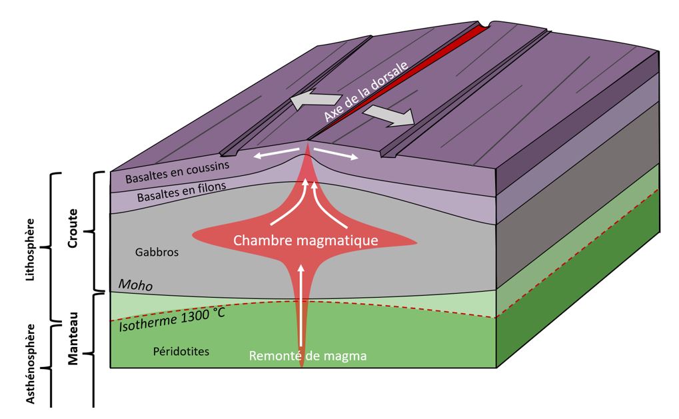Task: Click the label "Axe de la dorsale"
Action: [366, 91]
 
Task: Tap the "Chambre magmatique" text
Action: [306, 240]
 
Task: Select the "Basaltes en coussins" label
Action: [177, 172]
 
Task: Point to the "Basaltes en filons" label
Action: [181, 192]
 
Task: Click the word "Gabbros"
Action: [157, 252]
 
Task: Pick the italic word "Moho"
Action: [135, 284]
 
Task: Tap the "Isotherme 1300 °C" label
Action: [172, 320]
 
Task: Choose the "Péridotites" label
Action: [181, 351]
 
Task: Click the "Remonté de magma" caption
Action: [307, 356]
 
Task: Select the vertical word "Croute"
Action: [73, 228]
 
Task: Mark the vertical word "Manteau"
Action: [73, 338]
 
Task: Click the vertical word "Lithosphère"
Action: [30, 250]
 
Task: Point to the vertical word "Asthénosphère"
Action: [30, 364]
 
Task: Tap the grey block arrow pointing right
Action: [389, 116]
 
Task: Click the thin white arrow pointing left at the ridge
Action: [277, 153]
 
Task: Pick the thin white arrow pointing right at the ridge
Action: [336, 153]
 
